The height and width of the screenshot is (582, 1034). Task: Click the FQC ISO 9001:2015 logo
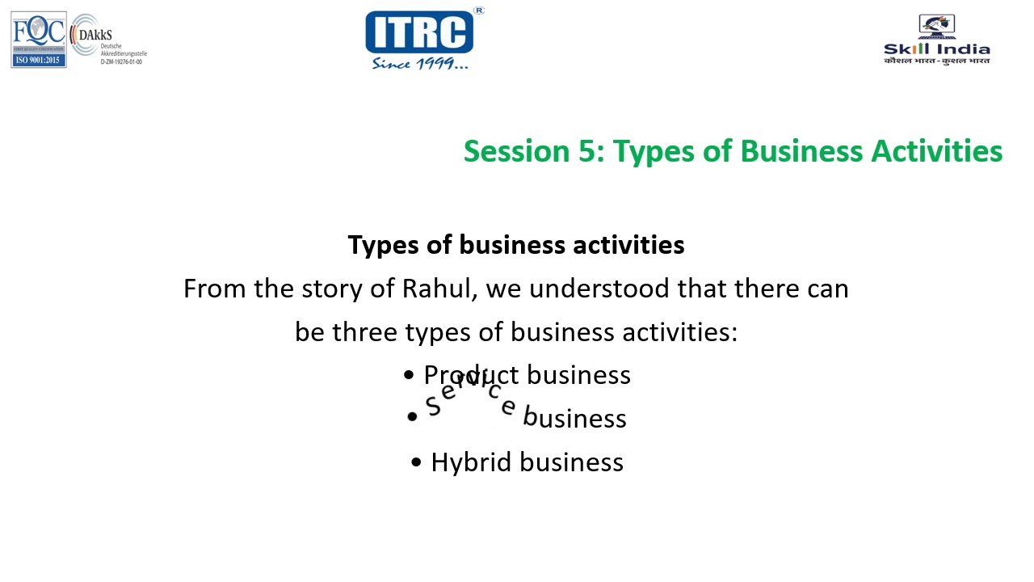(38, 40)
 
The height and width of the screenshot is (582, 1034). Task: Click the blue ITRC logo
(418, 32)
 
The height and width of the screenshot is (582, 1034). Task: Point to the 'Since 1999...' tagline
(419, 63)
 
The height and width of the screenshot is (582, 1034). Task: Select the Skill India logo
(936, 40)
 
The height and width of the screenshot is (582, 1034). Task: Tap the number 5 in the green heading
(586, 151)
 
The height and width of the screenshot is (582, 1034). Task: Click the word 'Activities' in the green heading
(936, 151)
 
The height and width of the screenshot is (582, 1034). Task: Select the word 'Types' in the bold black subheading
(384, 245)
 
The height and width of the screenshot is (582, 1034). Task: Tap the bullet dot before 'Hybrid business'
(416, 462)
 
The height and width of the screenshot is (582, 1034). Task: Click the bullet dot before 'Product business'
(409, 375)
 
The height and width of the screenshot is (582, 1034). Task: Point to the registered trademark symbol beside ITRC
(479, 11)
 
